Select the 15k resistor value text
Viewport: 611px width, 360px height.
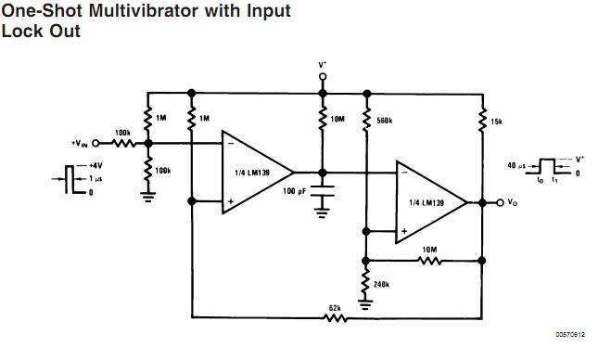point(496,121)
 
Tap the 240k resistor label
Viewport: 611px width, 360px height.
point(381,285)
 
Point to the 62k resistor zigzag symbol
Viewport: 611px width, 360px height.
point(336,317)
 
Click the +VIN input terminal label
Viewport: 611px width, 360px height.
point(82,143)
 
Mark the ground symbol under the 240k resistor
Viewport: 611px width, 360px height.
point(365,303)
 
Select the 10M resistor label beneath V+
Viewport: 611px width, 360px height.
point(338,120)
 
